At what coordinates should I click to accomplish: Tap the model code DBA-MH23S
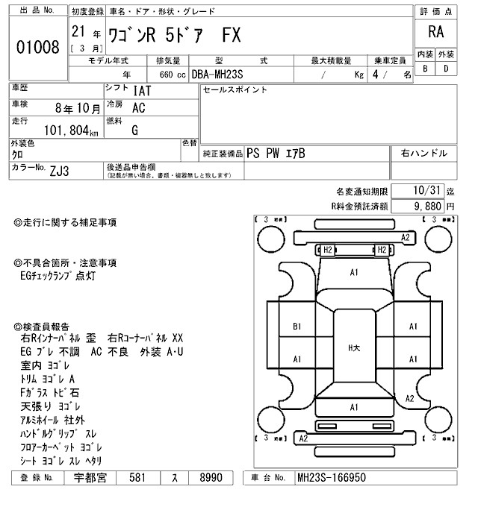click(217, 75)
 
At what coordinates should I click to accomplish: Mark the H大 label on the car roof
click(354, 347)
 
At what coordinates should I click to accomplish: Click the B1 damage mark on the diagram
click(297, 326)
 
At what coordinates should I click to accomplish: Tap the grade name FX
click(232, 37)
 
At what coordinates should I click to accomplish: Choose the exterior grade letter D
click(447, 69)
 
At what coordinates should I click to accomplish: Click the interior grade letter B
click(424, 69)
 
